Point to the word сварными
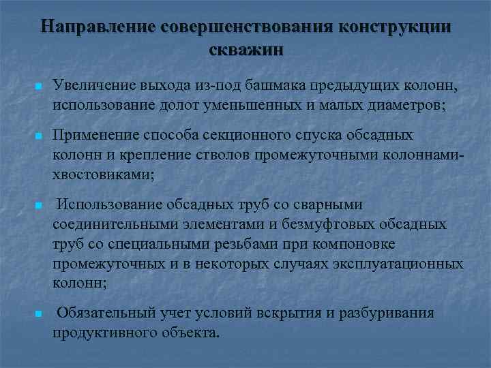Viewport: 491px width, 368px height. [329, 204]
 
